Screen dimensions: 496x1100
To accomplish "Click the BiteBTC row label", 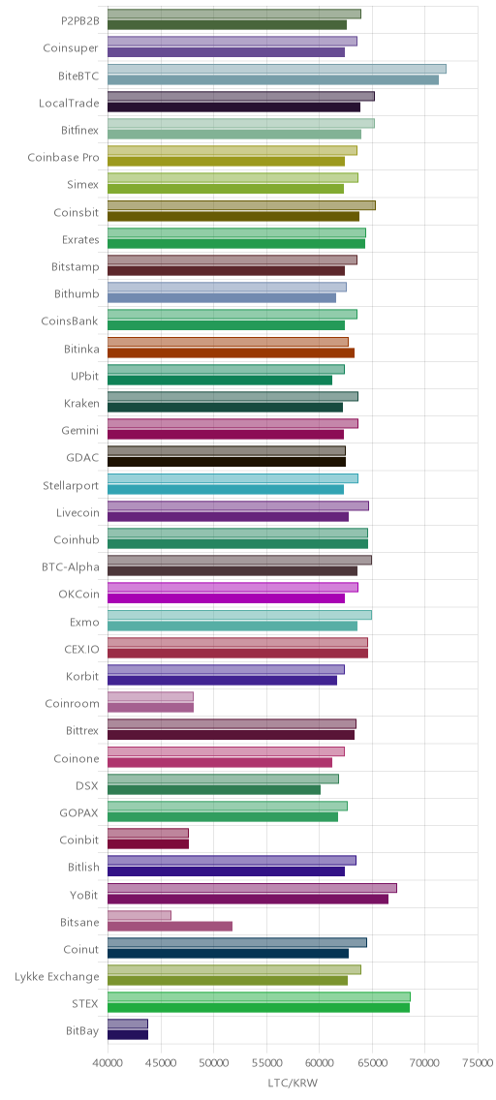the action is [x=78, y=76].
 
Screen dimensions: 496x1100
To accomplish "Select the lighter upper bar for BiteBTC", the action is [x=277, y=69].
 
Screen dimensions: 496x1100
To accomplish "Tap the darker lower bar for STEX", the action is [x=259, y=1007].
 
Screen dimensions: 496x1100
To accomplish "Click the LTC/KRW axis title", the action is [x=293, y=1084].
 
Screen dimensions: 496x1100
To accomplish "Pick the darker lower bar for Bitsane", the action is [x=170, y=926].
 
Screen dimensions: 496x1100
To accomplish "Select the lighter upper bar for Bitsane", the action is [x=139, y=915].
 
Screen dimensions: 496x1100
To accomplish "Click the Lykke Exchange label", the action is [x=57, y=976].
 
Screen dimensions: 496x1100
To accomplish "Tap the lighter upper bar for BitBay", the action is [x=128, y=1024].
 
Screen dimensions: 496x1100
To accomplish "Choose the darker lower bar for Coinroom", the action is [x=151, y=708].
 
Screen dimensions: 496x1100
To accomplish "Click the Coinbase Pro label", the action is [x=63, y=158].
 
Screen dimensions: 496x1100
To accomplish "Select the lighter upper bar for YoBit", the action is [x=253, y=888].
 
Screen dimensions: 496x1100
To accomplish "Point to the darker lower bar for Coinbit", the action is [x=148, y=844].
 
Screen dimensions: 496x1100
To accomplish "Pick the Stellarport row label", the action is [x=71, y=485].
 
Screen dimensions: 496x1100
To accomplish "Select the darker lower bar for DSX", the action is [x=214, y=790].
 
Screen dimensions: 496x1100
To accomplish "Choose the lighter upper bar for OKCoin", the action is [x=232, y=588].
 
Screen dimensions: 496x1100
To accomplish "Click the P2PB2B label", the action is [x=80, y=21].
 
